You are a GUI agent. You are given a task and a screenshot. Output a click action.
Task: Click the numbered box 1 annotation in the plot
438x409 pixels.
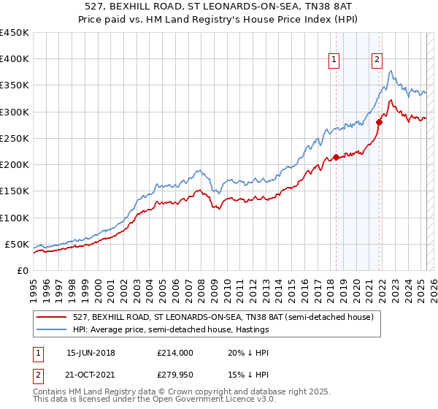[334, 60]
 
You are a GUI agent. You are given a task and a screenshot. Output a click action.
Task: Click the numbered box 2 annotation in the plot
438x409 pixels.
[377, 60]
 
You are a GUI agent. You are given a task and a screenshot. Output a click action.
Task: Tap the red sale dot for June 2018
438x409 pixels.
[336, 157]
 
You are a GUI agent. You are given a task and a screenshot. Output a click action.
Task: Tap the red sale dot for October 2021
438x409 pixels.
[379, 122]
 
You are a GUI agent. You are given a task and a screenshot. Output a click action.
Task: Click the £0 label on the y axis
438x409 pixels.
[22, 270]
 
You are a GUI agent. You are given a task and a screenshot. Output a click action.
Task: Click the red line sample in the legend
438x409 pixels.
[51, 317]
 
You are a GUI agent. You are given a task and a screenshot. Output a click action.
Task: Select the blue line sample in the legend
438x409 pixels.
[51, 329]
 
